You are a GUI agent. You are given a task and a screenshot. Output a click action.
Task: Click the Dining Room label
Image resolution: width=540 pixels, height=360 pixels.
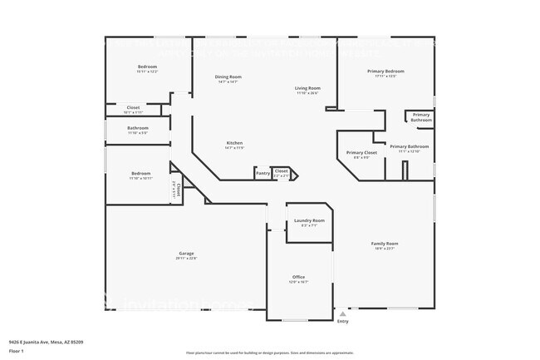coord(229,76)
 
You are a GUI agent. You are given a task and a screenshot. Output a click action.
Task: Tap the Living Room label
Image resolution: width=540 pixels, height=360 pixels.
coord(307,88)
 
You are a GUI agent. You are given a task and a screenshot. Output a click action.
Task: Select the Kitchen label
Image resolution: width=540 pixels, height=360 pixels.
coord(234,143)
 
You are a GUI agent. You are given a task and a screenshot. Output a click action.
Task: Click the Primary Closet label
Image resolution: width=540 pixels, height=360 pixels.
coord(361,152)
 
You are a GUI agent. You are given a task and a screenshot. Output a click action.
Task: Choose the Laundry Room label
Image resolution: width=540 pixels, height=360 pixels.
coord(308,220)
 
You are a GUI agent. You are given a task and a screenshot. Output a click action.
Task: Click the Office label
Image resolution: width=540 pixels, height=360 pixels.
coord(298,277)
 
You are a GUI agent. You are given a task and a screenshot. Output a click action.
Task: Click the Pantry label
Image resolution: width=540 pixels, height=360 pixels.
coord(263,173)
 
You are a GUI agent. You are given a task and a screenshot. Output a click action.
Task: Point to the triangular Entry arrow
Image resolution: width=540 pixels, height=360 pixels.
coord(342,314)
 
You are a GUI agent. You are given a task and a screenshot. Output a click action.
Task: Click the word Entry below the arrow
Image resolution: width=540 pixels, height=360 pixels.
coord(342,323)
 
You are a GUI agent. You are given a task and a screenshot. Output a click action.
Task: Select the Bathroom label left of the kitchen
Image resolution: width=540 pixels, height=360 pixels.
coord(138,128)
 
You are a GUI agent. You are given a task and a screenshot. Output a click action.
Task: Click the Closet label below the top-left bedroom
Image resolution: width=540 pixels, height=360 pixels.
coord(133,107)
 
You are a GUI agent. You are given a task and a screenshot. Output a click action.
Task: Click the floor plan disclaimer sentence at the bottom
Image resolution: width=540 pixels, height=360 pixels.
coord(269,353)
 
